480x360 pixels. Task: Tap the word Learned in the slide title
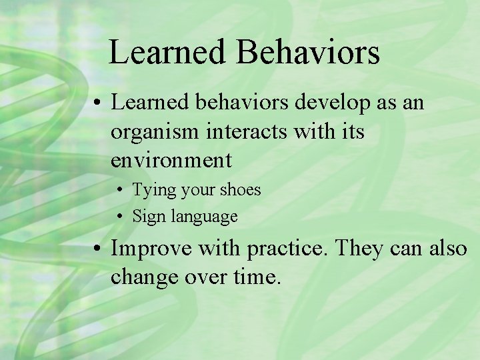(169, 52)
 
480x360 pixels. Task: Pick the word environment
(171, 161)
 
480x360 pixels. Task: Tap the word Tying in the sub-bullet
(153, 191)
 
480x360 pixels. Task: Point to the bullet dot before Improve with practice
(97, 249)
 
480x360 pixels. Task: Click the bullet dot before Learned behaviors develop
(97, 103)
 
